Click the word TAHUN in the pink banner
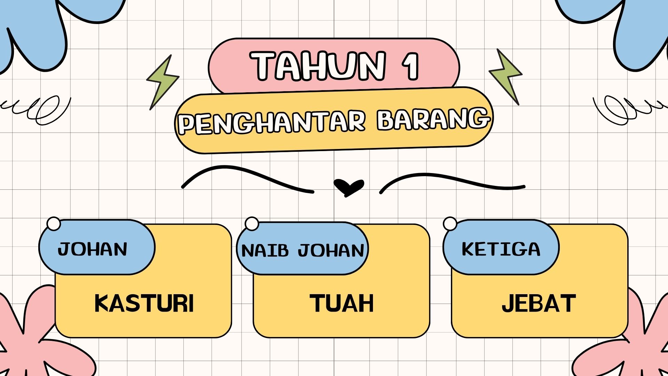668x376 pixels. [x=319, y=66]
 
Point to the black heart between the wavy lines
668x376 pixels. [x=349, y=187]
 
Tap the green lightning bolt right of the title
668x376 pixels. [x=507, y=76]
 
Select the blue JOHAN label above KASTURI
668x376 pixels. [x=93, y=249]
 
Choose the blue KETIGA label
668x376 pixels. [x=501, y=249]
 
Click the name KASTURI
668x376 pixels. [x=144, y=303]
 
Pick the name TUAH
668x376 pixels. [x=342, y=303]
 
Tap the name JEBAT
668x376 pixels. [x=539, y=303]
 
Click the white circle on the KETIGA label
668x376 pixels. [x=450, y=224]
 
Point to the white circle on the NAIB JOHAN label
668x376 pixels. [x=252, y=224]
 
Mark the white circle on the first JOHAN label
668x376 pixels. [x=54, y=224]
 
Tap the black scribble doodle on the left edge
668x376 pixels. [x=38, y=110]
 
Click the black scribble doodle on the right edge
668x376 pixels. [x=626, y=108]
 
